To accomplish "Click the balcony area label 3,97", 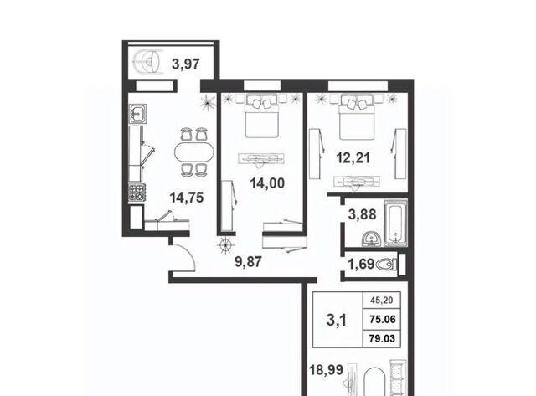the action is coord(186,64).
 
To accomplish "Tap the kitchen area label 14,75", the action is coord(187,197).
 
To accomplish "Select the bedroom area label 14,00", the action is coord(267,183).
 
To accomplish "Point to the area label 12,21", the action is coord(353,158).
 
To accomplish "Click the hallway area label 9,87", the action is coord(249,262).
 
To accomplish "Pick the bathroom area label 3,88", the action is coord(362,214).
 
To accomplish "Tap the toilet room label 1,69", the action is coord(361,264).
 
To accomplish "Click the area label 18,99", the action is coord(326,370).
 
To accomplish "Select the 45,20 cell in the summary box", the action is coord(382,301).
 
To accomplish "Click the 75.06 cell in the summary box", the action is coord(382,320).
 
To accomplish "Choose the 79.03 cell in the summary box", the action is coord(382,338).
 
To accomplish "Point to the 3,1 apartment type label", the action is coord(337,320).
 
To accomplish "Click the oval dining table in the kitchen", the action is coord(193,152).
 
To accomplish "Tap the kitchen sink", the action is coord(138,113).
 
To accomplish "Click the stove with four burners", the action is coord(137,193).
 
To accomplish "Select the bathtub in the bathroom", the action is coord(396,223).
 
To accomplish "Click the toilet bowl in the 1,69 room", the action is coord(386,264).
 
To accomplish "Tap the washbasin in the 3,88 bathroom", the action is coord(371,239).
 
